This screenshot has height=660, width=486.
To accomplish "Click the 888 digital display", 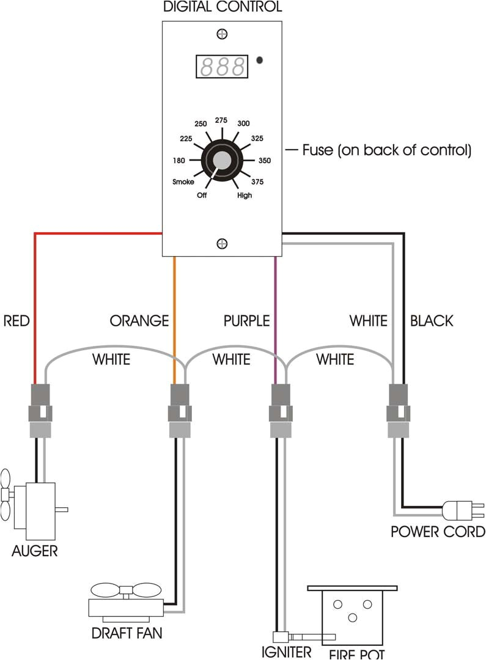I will tap(222, 65).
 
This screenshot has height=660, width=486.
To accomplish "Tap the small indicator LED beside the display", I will tap(260, 61).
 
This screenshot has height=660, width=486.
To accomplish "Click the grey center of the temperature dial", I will tap(222, 161).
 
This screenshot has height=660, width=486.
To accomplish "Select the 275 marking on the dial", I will tap(221, 120).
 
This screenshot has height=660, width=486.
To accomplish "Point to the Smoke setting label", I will tap(183, 182).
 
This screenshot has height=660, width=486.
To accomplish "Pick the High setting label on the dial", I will tap(245, 196).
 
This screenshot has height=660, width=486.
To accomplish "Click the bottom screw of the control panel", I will tap(222, 244).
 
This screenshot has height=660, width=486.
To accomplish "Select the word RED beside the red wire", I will tap(17, 320).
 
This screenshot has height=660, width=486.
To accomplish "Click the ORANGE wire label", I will tap(139, 320).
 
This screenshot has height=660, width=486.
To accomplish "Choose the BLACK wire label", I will tap(432, 320).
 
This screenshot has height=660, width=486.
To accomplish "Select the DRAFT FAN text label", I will tap(127, 633).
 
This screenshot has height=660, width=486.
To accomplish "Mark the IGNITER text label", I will tap(286, 652).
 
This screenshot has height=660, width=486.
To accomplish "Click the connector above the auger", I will tap(40, 411).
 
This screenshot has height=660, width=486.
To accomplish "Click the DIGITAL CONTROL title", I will tap(223, 7).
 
